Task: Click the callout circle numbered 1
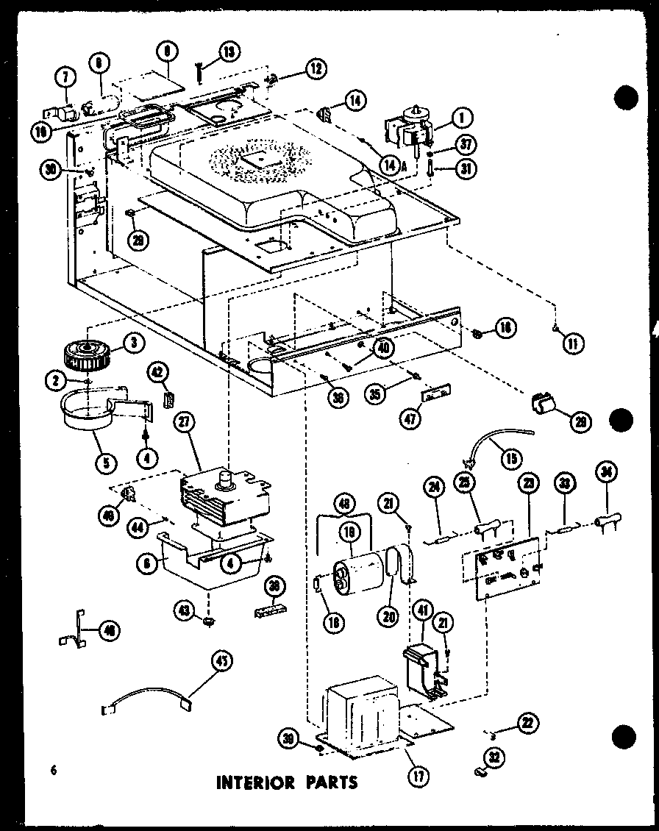(463, 117)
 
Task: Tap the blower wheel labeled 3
(87, 353)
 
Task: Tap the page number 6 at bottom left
(54, 770)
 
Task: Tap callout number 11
(574, 341)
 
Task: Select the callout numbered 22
(525, 723)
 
